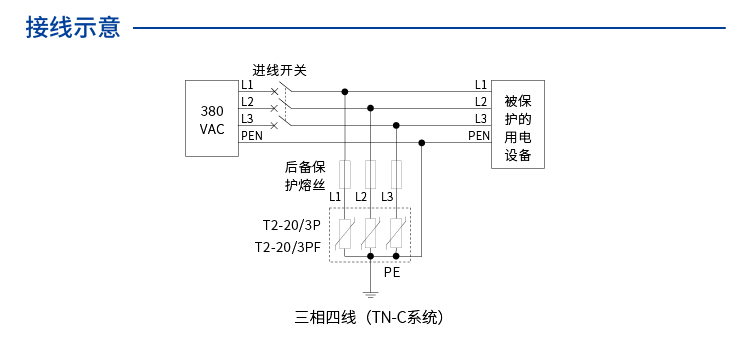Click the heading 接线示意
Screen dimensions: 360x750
click(x=73, y=28)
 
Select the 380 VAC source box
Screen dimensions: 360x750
click(x=212, y=119)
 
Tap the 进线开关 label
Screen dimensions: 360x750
click(x=279, y=70)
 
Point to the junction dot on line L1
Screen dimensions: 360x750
click(x=345, y=91)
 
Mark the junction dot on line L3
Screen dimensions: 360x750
click(x=397, y=125)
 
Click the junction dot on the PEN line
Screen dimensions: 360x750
click(x=422, y=142)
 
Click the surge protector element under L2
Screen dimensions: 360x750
click(x=371, y=233)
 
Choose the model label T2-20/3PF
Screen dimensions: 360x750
click(x=287, y=247)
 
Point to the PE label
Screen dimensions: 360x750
click(x=392, y=271)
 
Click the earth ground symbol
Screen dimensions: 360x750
click(x=371, y=295)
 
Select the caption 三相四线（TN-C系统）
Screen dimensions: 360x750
click(x=369, y=319)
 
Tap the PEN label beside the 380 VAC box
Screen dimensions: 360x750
click(x=252, y=136)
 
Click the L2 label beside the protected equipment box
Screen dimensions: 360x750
click(x=480, y=102)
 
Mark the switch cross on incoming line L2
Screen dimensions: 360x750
click(x=274, y=108)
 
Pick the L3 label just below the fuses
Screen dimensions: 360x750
click(x=386, y=196)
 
